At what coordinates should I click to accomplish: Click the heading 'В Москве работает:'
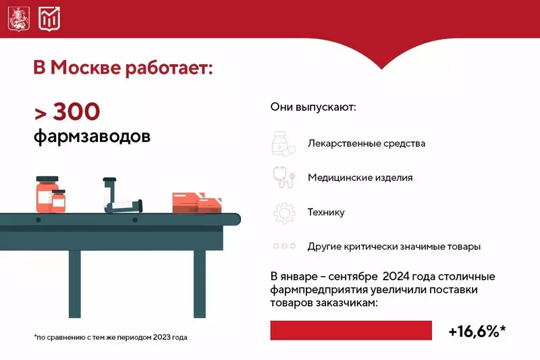[123, 68]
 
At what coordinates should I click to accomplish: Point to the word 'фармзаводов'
[92, 136]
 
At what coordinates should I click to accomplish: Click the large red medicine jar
[47, 193]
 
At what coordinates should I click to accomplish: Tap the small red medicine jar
[59, 201]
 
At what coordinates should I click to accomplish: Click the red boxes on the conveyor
[197, 201]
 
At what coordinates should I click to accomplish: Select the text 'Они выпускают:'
[313, 107]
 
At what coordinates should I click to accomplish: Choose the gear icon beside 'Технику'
[283, 212]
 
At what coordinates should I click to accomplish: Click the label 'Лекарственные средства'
[366, 144]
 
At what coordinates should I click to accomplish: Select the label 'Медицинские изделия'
[360, 178]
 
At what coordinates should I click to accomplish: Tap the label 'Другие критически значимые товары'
[394, 247]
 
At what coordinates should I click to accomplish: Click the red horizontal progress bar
[351, 330]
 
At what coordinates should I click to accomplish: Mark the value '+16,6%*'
[477, 331]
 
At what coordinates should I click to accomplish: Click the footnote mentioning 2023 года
[110, 337]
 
